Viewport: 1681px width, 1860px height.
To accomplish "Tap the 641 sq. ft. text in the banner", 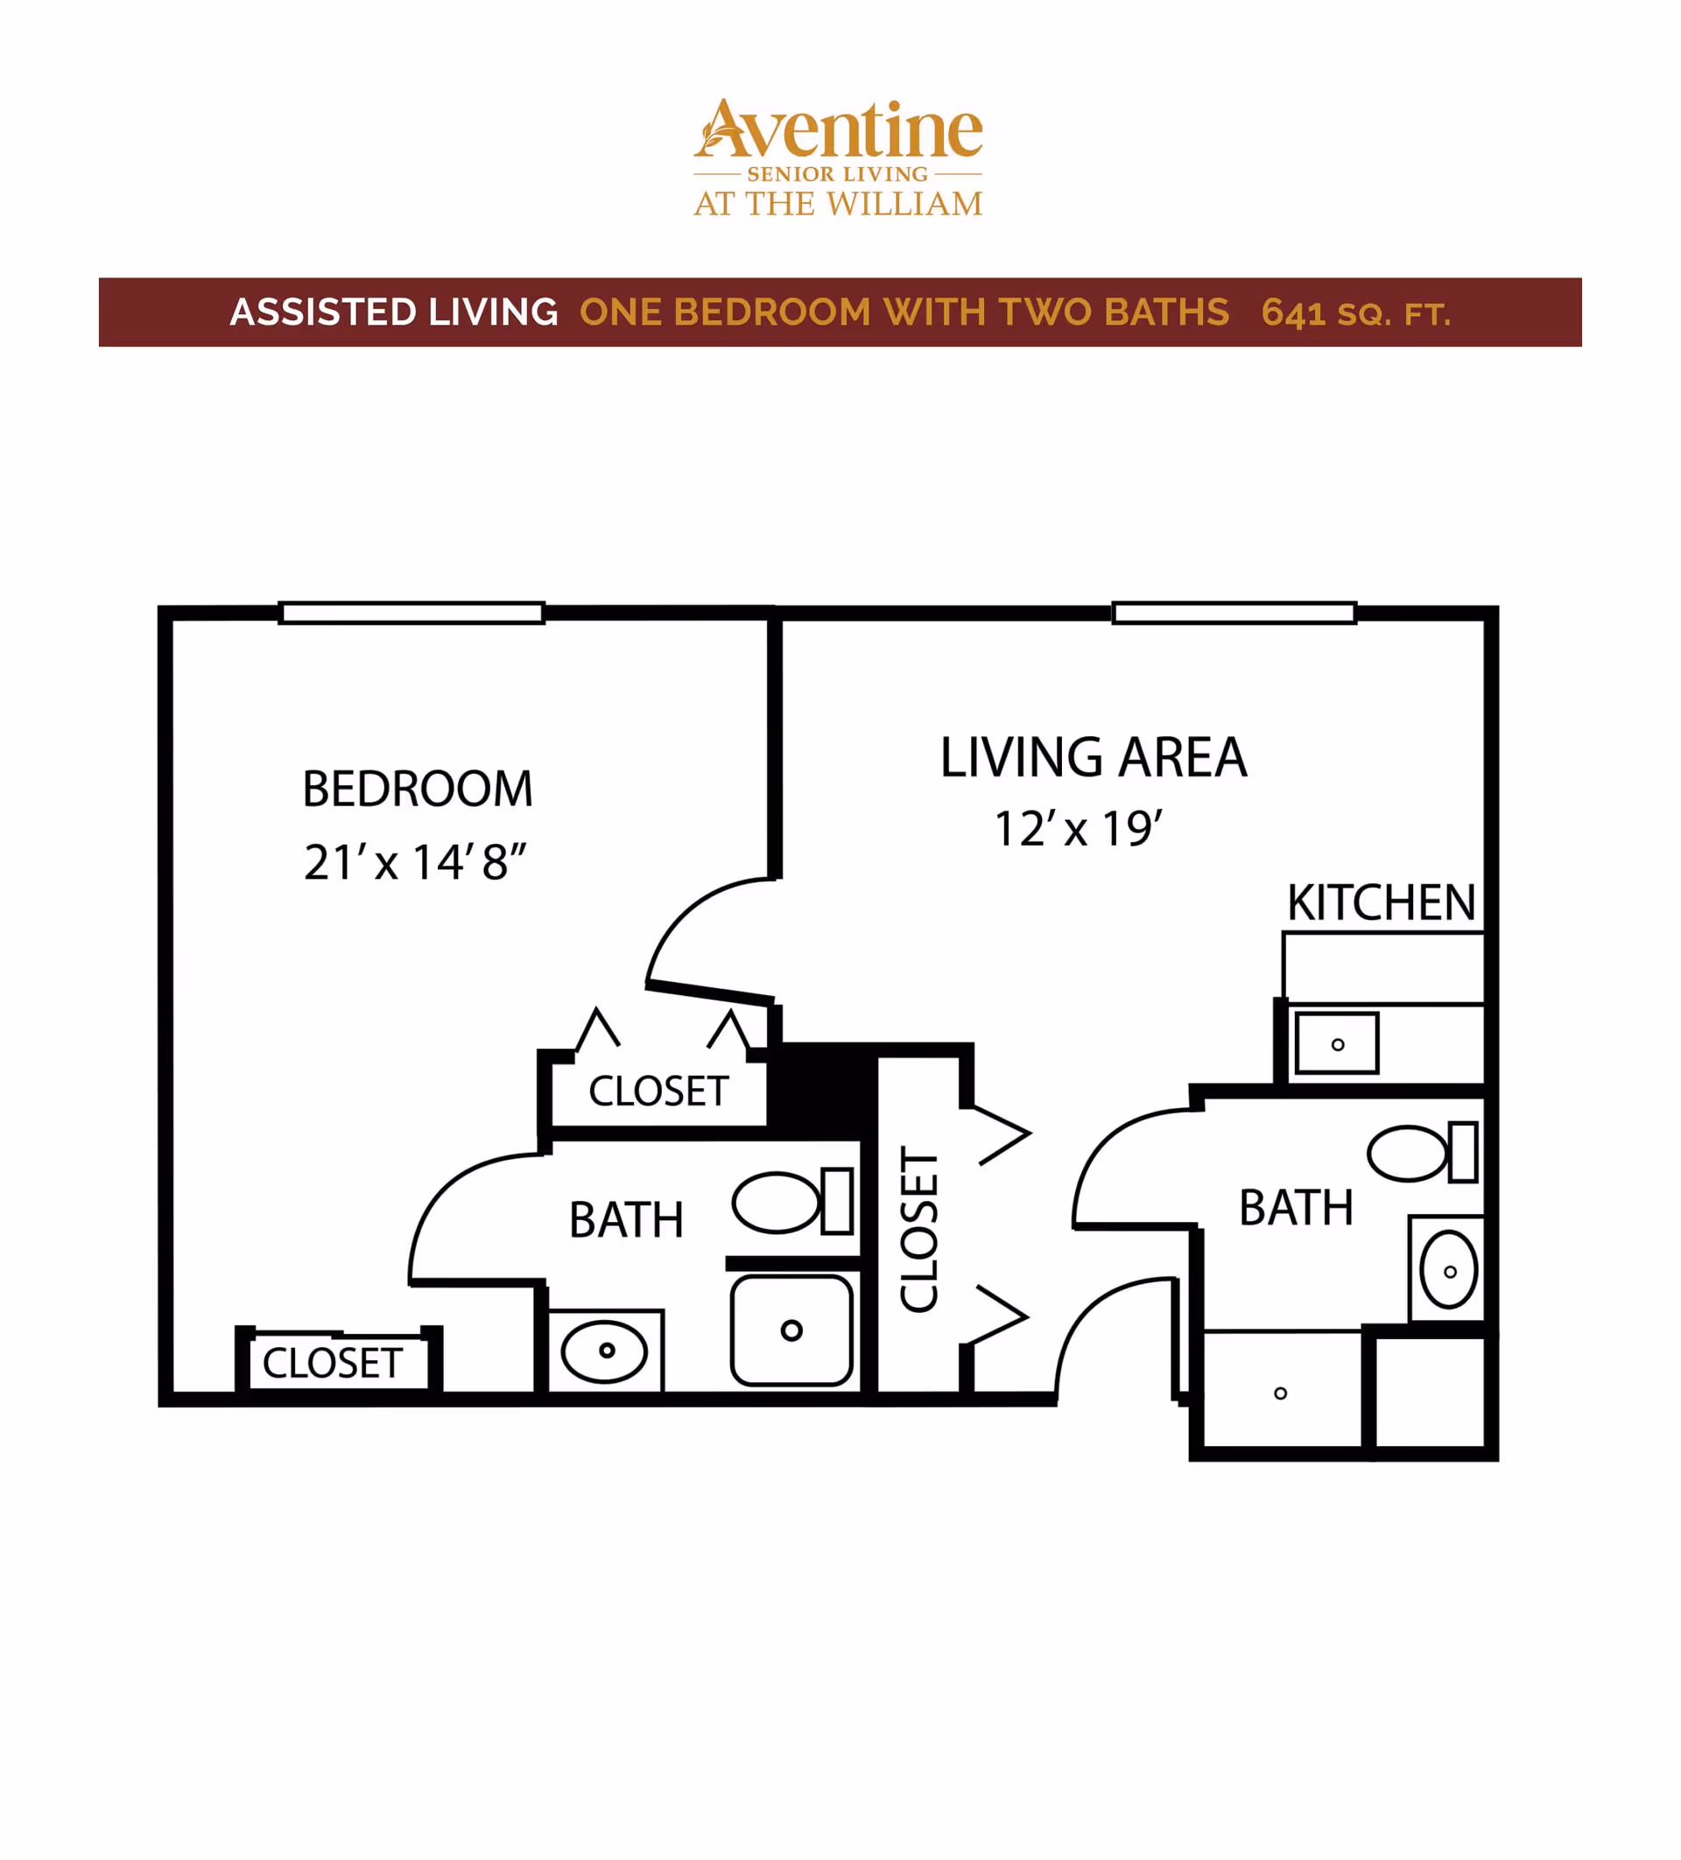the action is click(x=1355, y=312).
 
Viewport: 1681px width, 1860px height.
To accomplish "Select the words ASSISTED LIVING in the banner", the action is click(x=394, y=312).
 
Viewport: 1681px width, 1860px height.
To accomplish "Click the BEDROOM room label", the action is click(x=418, y=789).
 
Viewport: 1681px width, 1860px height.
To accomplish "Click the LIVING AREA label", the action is click(x=1094, y=757).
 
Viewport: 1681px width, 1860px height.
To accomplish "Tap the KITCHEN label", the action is click(x=1382, y=902).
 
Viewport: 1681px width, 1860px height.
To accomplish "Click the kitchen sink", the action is click(x=1337, y=1043).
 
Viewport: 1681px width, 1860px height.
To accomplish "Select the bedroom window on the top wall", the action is click(x=411, y=613).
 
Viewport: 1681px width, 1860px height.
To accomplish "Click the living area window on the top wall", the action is click(x=1234, y=613).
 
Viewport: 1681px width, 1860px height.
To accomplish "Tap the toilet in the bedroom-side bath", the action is click(x=792, y=1202).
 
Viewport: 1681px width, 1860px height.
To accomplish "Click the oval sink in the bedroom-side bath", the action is click(x=605, y=1351).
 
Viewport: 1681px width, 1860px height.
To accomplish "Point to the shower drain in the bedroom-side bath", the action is click(x=791, y=1330).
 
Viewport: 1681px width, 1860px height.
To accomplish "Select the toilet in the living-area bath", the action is click(x=1423, y=1153).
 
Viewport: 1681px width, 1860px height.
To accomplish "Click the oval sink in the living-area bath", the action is click(x=1448, y=1269).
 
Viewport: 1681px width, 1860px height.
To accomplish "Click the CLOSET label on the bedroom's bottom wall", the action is click(x=332, y=1363).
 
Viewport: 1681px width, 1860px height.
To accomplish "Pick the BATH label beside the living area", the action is click(x=1297, y=1208).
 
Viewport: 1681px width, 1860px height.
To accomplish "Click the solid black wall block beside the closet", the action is click(x=821, y=1089).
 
